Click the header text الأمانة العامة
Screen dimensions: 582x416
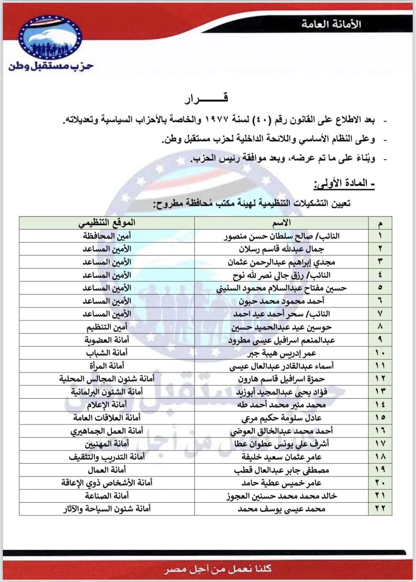[331, 24]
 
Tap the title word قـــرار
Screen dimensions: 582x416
[206, 98]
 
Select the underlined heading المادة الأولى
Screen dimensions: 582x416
[343, 184]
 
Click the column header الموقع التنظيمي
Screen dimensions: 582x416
[107, 223]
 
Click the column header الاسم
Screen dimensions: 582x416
[281, 223]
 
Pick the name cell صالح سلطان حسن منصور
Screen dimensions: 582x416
[281, 236]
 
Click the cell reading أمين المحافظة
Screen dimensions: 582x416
[107, 236]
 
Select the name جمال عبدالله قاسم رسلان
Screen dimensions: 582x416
[281, 249]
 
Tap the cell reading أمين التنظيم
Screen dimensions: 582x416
[107, 327]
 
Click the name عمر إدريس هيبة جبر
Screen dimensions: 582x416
[281, 353]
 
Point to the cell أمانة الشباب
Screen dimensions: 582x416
[107, 353]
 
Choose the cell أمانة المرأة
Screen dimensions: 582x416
[107, 366]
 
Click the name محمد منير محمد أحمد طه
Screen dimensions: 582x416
[281, 405]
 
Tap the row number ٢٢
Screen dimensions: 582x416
[380, 508]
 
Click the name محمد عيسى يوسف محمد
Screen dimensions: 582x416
[281, 509]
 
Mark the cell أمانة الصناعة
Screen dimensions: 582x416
[107, 496]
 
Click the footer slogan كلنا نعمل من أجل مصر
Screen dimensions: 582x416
[218, 569]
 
